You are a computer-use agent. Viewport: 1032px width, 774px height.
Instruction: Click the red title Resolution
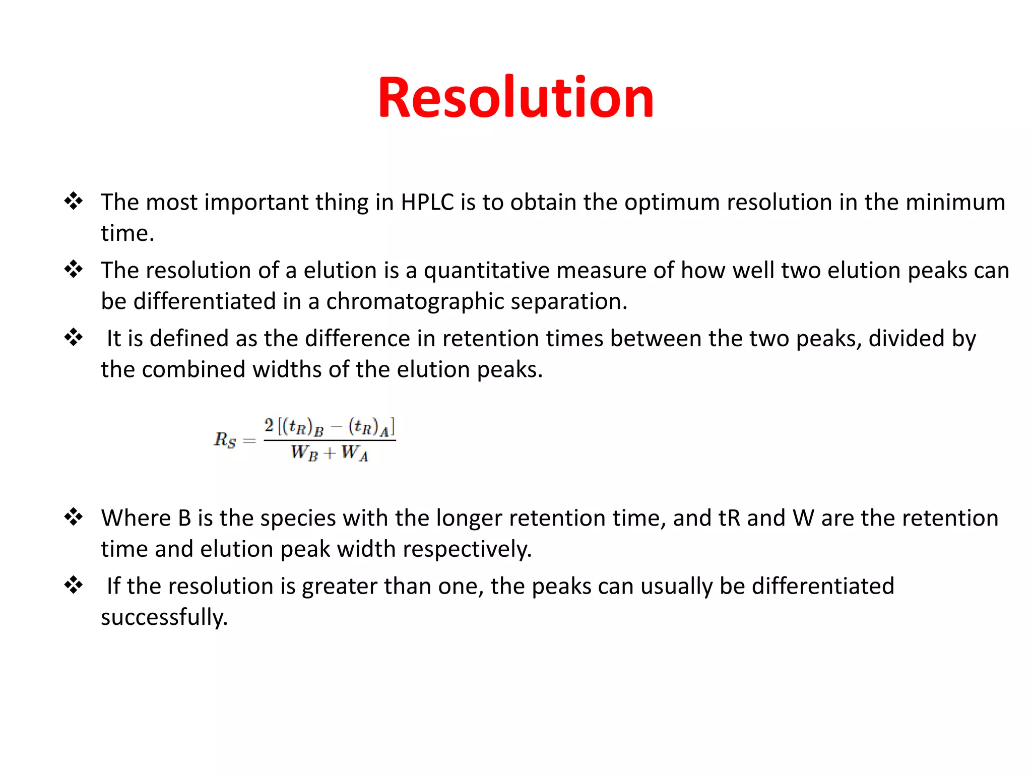[x=515, y=98]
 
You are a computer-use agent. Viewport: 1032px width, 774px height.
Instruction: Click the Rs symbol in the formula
[x=225, y=440]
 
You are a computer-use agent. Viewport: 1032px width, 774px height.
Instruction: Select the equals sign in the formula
[x=249, y=441]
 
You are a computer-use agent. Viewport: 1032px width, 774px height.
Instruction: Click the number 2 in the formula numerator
[x=269, y=426]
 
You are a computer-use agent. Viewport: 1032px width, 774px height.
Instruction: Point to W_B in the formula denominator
[x=304, y=453]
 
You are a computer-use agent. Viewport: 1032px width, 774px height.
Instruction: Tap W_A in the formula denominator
[x=355, y=453]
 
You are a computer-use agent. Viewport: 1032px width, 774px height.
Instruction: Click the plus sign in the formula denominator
[x=330, y=454]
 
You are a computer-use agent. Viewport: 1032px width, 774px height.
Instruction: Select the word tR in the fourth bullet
[x=729, y=519]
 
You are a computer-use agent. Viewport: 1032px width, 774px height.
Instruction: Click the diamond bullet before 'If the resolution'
[x=74, y=585]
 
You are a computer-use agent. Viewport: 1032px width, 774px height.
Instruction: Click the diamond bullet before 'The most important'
[x=74, y=201]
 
